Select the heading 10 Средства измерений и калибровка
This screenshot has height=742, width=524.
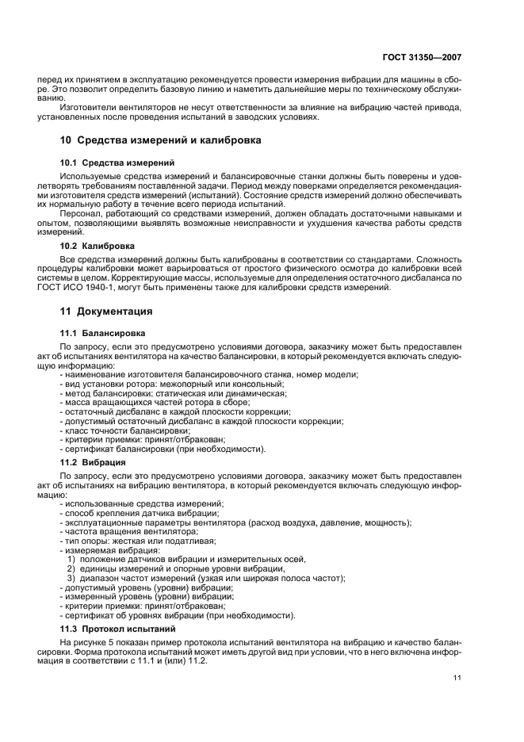[163, 140]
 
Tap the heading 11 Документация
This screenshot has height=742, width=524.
[108, 312]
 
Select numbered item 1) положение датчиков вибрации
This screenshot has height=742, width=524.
[174, 560]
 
